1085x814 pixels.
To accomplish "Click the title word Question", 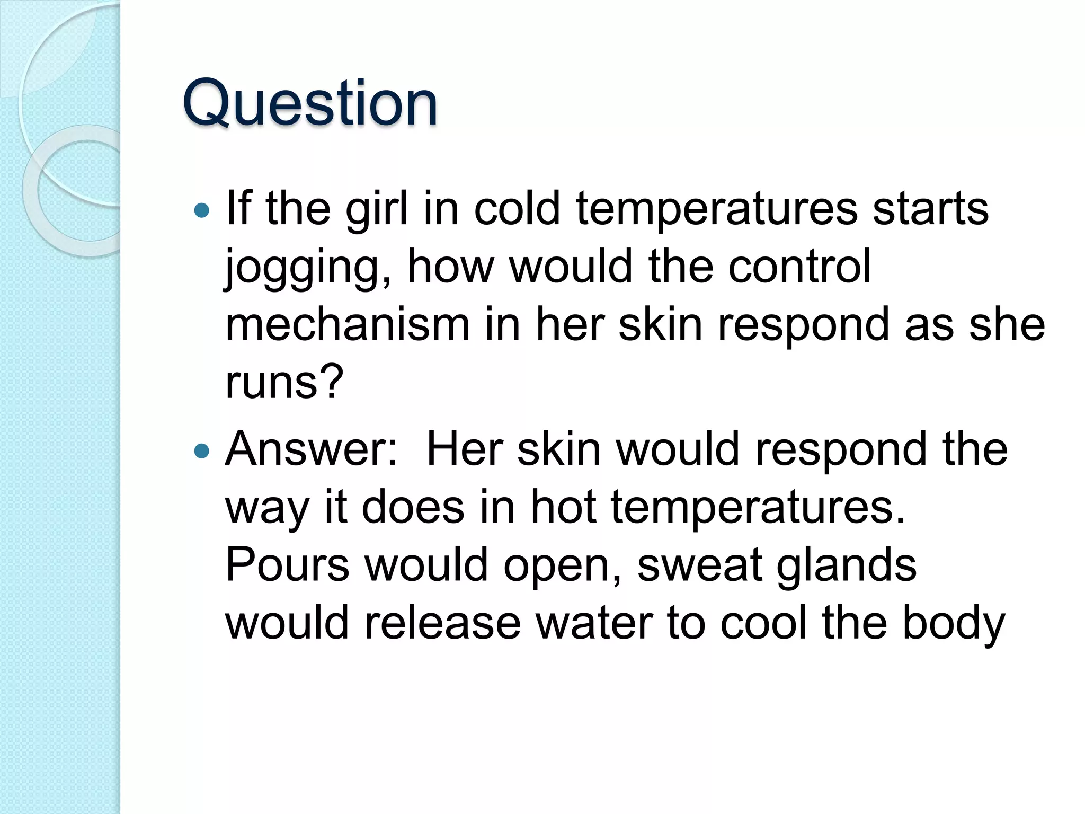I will (x=310, y=103).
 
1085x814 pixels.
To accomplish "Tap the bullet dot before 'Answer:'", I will (x=202, y=451).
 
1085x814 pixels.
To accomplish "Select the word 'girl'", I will (x=377, y=209).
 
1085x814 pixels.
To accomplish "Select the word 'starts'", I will (x=930, y=209).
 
